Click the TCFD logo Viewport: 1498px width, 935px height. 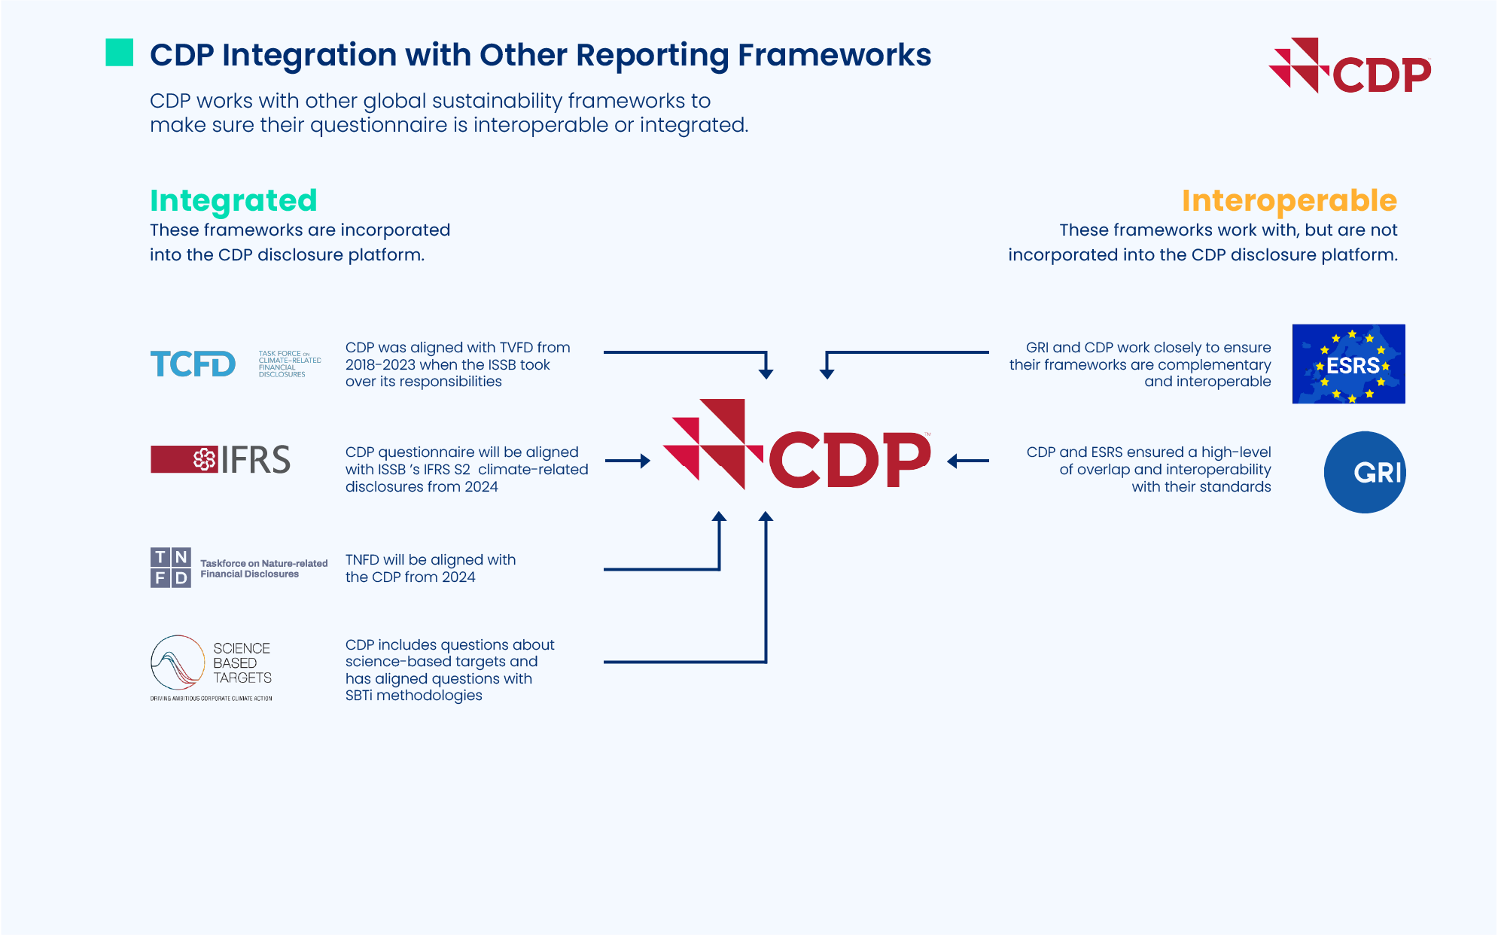pyautogui.click(x=193, y=364)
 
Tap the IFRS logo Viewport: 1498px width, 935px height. pyautogui.click(x=221, y=459)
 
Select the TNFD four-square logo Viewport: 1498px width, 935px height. pyautogui.click(x=171, y=568)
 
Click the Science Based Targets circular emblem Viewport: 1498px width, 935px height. pyautogui.click(x=178, y=662)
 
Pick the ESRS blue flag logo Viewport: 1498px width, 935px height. pyautogui.click(x=1348, y=364)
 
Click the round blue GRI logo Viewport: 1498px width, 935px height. pyautogui.click(x=1365, y=472)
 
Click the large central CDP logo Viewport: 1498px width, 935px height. pyautogui.click(x=796, y=446)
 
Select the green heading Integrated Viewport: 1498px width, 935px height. pyautogui.click(x=233, y=200)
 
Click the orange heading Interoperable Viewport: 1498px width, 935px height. pyautogui.click(x=1289, y=200)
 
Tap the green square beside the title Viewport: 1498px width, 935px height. pyautogui.click(x=120, y=53)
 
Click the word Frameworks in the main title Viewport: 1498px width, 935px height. pyautogui.click(x=834, y=55)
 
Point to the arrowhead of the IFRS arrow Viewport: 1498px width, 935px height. pyautogui.click(x=645, y=461)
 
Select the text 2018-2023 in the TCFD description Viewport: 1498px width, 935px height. pyautogui.click(x=380, y=364)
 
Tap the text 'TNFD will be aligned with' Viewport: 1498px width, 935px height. pyautogui.click(x=431, y=559)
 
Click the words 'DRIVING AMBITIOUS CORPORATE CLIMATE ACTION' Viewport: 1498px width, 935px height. pyautogui.click(x=211, y=699)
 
